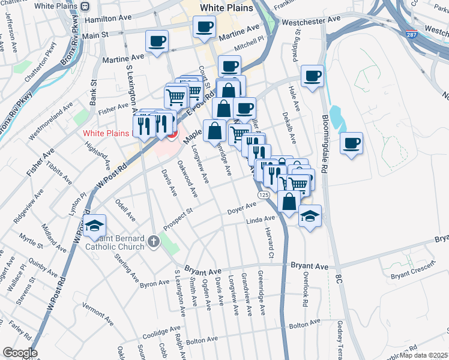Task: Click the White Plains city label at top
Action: click(223, 7)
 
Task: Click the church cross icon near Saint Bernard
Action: click(153, 241)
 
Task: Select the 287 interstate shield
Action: click(411, 35)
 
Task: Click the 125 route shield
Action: click(264, 196)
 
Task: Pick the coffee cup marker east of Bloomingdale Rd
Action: click(352, 143)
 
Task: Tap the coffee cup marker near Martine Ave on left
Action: click(157, 41)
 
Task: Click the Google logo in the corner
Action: click(20, 353)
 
